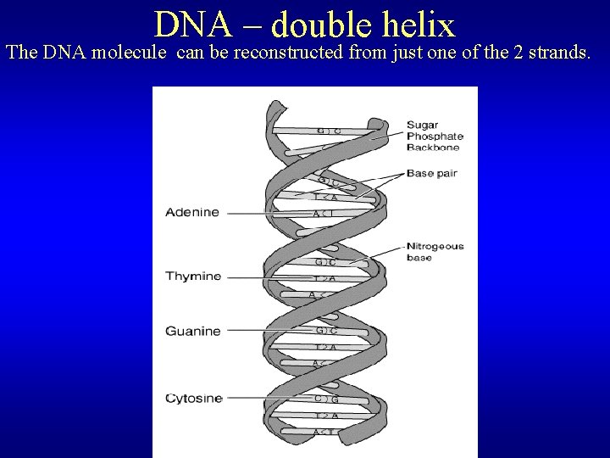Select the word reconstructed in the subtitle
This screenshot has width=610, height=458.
pyautogui.click(x=267, y=53)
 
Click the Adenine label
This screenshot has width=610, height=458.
pyautogui.click(x=192, y=212)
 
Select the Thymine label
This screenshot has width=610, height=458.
pyautogui.click(x=193, y=276)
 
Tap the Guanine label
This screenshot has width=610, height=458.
pyautogui.click(x=193, y=331)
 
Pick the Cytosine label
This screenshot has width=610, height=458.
pyautogui.click(x=194, y=398)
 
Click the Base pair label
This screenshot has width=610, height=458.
pyautogui.click(x=432, y=174)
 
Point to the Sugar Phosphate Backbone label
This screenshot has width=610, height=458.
pyautogui.click(x=435, y=136)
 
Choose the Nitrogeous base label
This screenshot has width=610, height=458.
pyautogui.click(x=435, y=252)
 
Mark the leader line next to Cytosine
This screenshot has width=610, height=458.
pyautogui.click(x=267, y=397)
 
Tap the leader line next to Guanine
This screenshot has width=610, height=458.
pyautogui.click(x=267, y=330)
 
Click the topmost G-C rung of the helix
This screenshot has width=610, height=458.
pyautogui.click(x=329, y=131)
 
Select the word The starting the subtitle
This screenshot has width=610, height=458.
pyautogui.click(x=21, y=53)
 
